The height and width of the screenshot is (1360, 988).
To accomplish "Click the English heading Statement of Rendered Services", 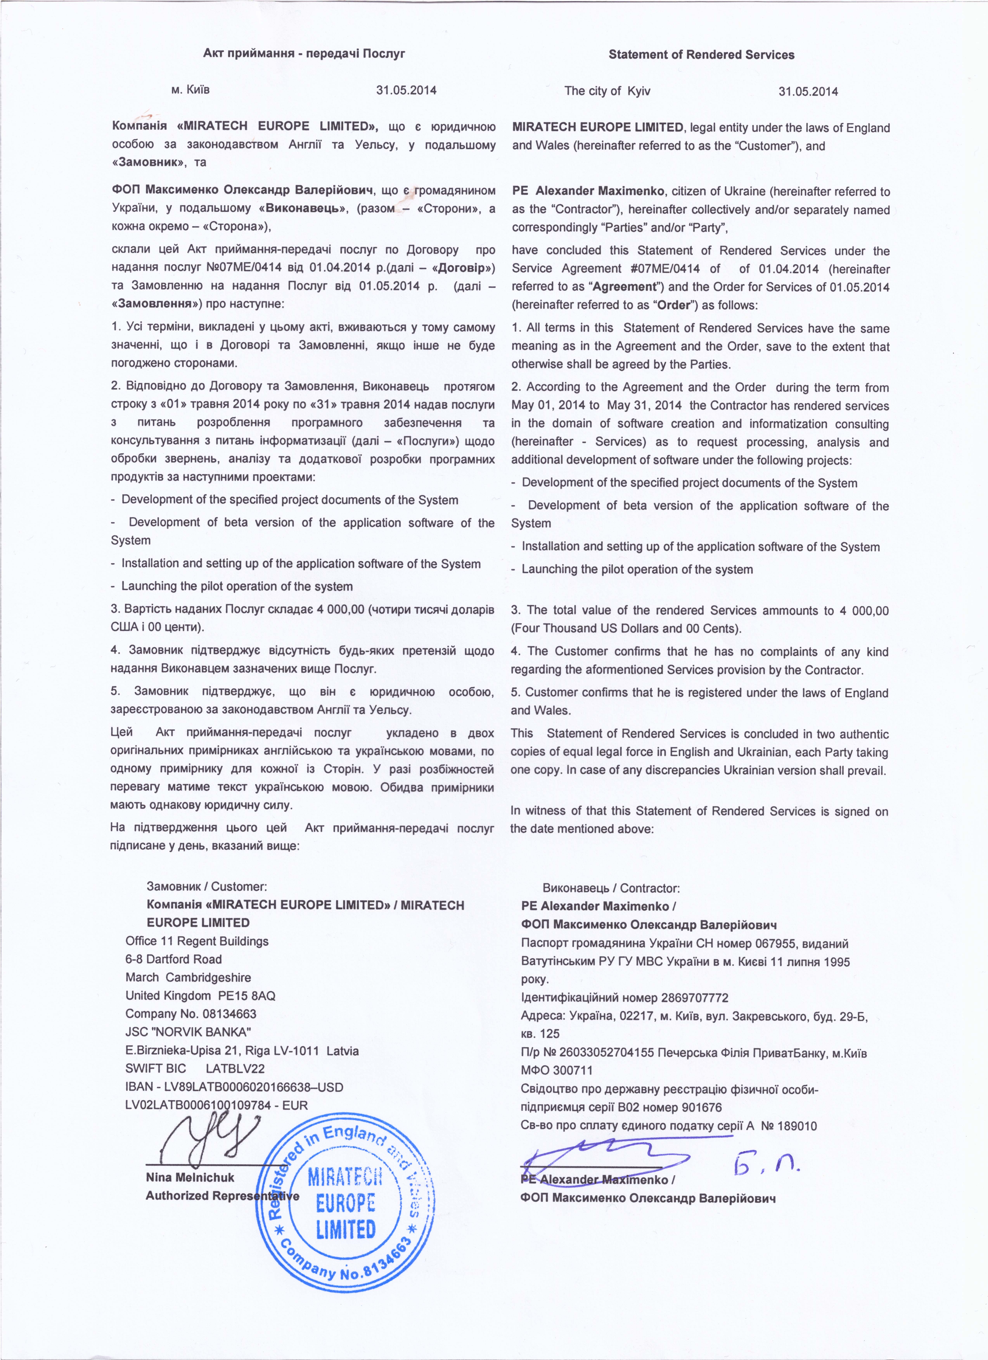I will pos(701,54).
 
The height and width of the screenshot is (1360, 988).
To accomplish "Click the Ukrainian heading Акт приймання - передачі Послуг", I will pos(304,53).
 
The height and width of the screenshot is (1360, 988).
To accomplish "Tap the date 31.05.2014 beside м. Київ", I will pos(406,91).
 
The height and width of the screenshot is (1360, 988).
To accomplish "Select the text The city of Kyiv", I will pos(607,91).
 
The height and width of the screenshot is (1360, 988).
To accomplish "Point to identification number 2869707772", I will pos(695,998).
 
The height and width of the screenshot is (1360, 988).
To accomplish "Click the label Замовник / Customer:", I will pos(207,886).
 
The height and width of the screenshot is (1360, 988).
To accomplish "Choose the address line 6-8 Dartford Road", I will pos(173,959).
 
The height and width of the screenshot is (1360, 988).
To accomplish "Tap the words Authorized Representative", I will pos(222,1196).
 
